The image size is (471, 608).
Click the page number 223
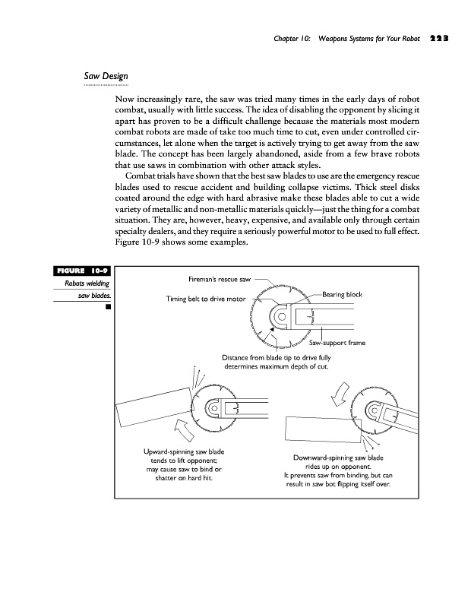click(x=441, y=36)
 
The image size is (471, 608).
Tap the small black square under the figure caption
click(x=108, y=308)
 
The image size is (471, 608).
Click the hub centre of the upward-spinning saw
click(x=215, y=408)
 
